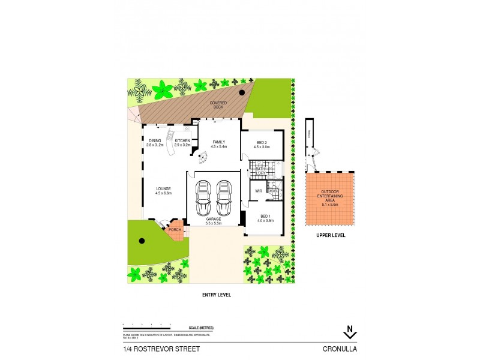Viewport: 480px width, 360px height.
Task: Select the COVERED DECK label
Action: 217,105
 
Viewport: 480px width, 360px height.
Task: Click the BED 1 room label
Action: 267,218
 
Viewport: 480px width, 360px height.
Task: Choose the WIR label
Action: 258,191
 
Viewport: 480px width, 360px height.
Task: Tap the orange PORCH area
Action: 175,229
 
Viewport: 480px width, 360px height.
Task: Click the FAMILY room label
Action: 218,143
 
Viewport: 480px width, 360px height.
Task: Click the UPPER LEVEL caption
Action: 331,235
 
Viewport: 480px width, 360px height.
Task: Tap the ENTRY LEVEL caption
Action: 217,295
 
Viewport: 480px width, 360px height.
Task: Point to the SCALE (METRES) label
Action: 200,328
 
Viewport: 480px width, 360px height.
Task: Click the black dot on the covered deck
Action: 241,92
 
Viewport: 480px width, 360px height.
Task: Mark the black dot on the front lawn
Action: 142,241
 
